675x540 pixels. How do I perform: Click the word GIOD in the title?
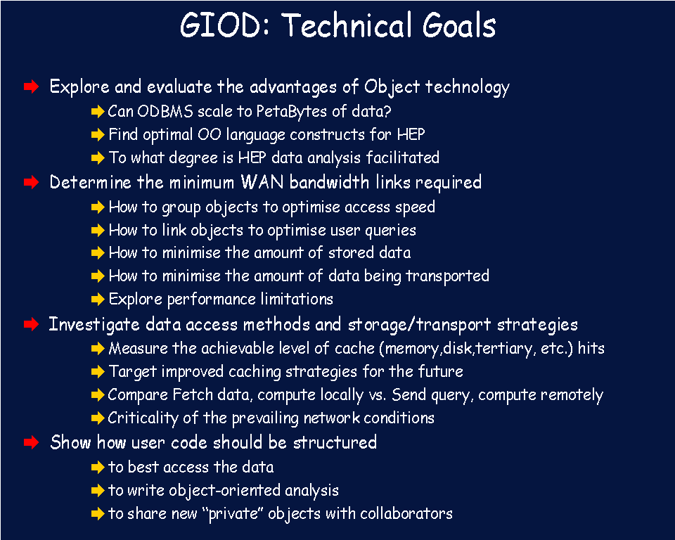click(220, 25)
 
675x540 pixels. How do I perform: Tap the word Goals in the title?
click(459, 25)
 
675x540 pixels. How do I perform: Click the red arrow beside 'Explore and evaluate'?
click(32, 86)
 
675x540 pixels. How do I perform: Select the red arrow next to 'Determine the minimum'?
click(32, 182)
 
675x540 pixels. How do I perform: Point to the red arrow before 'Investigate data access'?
click(32, 324)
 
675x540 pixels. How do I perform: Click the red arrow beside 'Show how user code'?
click(32, 442)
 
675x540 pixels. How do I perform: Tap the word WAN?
click(262, 182)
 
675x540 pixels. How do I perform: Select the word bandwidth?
click(329, 182)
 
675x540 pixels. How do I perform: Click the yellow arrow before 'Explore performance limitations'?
click(98, 299)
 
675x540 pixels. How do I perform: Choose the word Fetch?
click(193, 394)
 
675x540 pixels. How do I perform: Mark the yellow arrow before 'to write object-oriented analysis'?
click(98, 490)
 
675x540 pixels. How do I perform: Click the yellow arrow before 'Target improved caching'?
click(98, 371)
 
